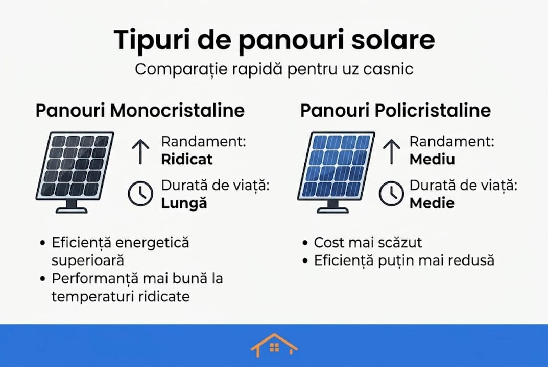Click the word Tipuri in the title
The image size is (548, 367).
coord(152,40)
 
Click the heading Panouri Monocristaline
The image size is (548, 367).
coord(140,110)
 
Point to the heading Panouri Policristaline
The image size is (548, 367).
coord(395,110)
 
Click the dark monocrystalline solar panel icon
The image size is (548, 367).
coord(75,172)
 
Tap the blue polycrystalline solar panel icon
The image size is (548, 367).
coord(336,172)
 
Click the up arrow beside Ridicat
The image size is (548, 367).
coord(140,151)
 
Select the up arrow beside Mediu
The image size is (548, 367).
coord(391,151)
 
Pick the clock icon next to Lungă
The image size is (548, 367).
coord(140,194)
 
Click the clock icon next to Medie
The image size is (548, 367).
coord(391,194)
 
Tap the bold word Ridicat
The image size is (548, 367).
coord(186,159)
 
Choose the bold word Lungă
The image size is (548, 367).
coord(184,203)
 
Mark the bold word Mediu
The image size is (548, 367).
coord(432,159)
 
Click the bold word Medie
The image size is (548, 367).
coord(432,203)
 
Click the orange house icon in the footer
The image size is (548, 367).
coord(274,345)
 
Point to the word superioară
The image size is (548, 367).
coord(88,260)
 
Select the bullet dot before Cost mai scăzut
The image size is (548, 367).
coord(305,243)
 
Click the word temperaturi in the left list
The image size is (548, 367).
coord(92,297)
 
